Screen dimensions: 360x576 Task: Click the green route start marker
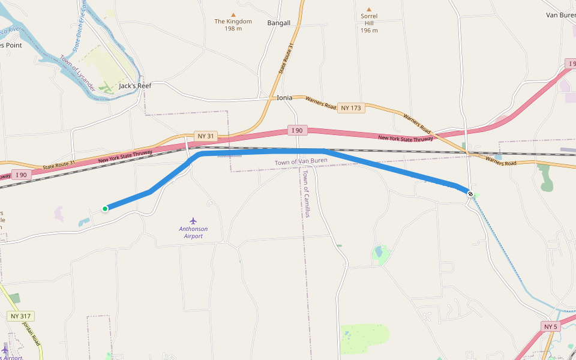tap(105, 209)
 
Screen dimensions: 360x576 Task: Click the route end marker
tap(470, 194)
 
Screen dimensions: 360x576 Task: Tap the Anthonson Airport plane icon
tap(193, 221)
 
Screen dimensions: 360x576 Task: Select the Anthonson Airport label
tap(193, 232)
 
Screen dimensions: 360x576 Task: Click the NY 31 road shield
tap(205, 136)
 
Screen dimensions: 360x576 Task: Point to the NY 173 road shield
tap(351, 108)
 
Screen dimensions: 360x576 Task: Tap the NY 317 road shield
tap(22, 316)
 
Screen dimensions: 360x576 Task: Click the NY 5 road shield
tap(550, 326)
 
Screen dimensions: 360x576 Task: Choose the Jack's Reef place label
tap(135, 86)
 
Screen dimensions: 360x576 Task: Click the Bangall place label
tap(278, 23)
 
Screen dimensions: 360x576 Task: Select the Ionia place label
tap(284, 98)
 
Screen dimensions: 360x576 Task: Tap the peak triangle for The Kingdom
tap(233, 14)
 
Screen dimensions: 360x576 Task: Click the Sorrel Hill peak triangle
tap(369, 9)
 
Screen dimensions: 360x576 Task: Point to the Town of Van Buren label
tap(301, 162)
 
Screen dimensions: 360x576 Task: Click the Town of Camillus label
tap(305, 193)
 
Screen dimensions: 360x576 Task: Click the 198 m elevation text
tap(233, 29)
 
